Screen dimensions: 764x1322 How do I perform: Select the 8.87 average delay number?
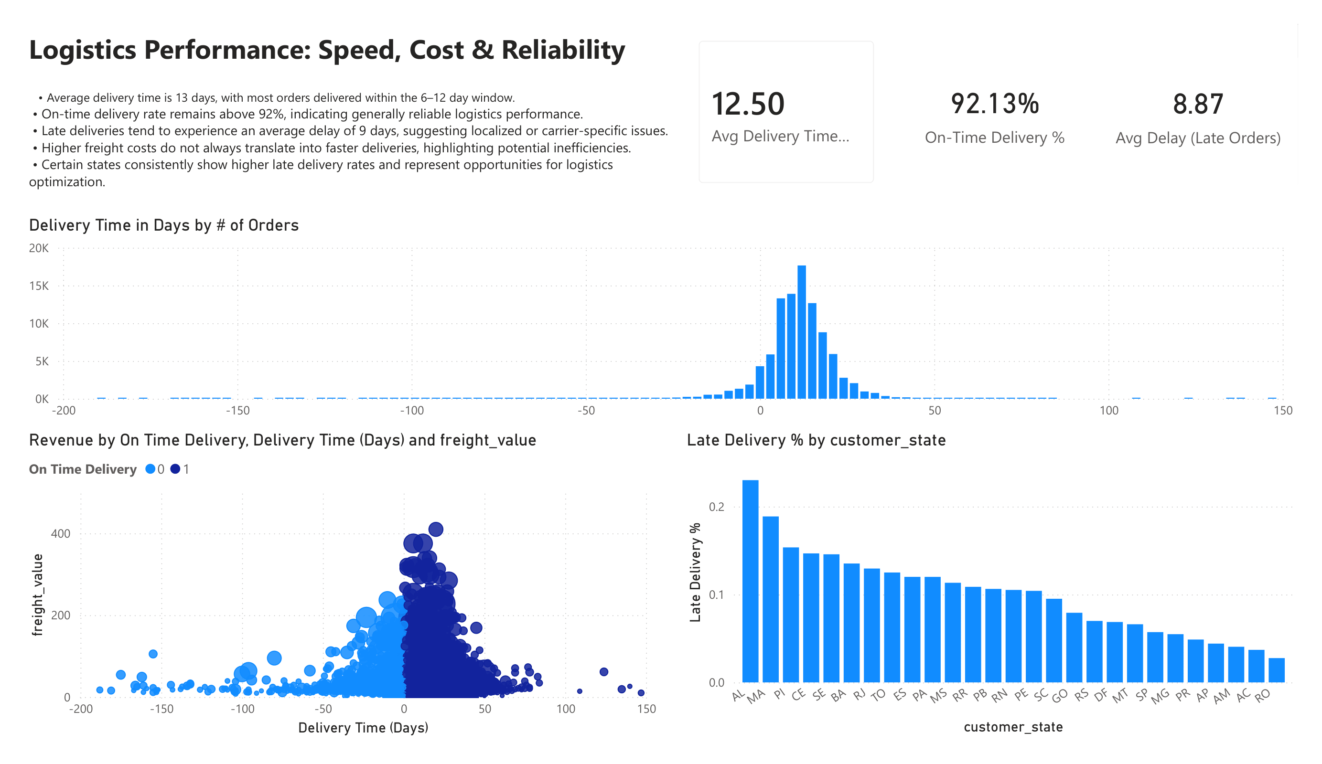click(1198, 105)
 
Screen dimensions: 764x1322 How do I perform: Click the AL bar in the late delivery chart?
click(750, 582)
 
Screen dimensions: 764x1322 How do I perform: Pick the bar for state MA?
click(771, 600)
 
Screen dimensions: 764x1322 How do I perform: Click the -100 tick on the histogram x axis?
click(412, 411)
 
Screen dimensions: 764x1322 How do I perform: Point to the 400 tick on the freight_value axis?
click(61, 534)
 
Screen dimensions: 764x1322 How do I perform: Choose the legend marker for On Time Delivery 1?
click(175, 469)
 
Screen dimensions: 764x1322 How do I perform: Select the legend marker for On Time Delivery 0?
click(150, 469)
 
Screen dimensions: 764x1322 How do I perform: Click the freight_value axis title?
click(38, 594)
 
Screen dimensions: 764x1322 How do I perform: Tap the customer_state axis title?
click(1013, 727)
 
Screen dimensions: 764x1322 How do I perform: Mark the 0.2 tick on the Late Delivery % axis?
click(716, 507)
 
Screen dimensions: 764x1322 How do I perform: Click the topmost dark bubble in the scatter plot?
click(435, 530)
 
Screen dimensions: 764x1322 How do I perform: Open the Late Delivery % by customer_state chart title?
click(816, 440)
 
